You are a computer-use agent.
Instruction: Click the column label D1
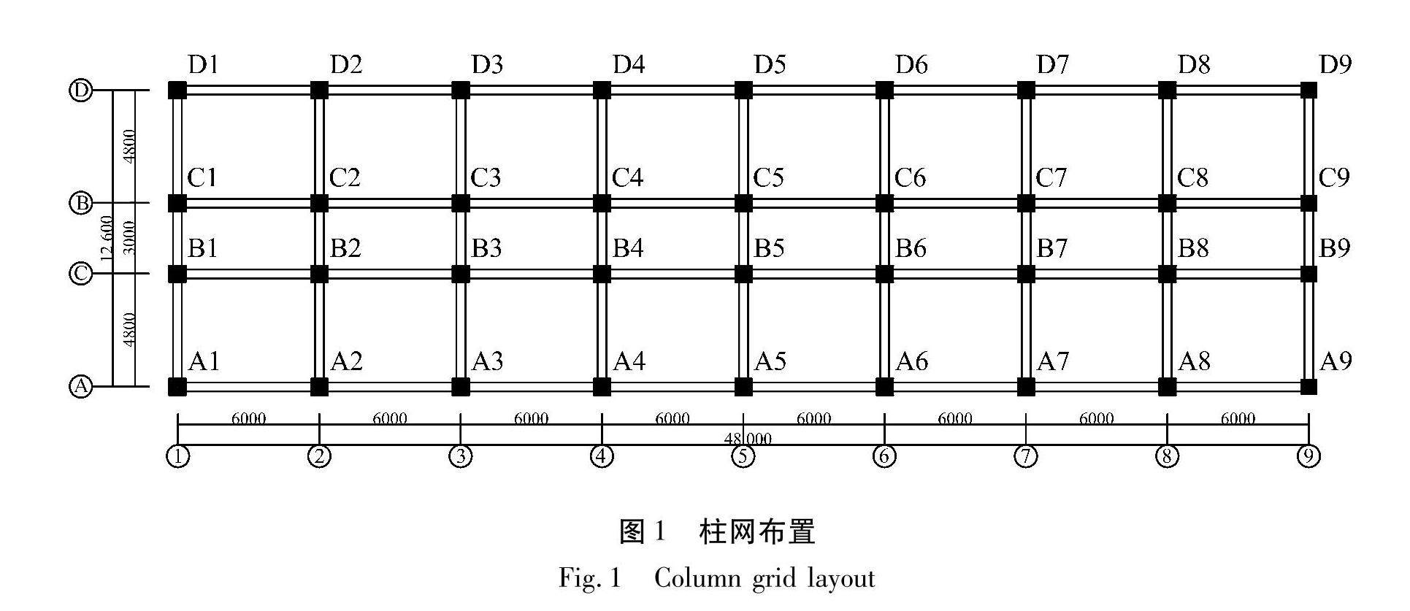point(203,66)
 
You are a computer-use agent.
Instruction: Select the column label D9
point(1336,66)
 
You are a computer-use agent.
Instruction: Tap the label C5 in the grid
point(769,178)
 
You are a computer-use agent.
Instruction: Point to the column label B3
point(486,249)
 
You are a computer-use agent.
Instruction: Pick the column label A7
point(1052,361)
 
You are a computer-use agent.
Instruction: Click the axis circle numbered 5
point(743,457)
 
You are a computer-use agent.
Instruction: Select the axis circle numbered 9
point(1309,457)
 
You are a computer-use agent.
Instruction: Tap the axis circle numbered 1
point(178,457)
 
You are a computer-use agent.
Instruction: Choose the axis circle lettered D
point(80,91)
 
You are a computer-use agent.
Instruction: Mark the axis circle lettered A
point(80,386)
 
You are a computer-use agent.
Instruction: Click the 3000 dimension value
point(129,238)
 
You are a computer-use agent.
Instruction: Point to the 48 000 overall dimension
point(748,439)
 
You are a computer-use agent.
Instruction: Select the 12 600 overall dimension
point(107,239)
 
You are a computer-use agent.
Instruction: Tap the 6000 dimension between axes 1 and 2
point(248,419)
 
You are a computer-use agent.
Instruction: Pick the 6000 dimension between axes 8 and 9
point(1238,419)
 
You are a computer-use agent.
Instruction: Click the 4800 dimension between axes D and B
point(129,146)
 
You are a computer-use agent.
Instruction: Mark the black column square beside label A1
point(177,386)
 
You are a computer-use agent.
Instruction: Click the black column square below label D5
point(743,91)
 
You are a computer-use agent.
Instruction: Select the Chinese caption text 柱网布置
point(756,532)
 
